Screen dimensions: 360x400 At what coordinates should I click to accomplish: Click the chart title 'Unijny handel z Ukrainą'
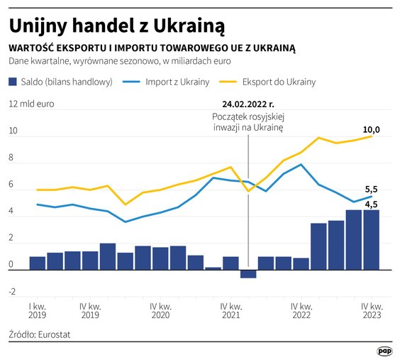117,26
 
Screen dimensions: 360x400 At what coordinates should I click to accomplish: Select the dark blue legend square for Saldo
13,82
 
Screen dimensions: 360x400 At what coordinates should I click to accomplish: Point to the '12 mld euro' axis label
31,104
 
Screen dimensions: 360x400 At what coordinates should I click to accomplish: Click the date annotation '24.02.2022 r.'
248,104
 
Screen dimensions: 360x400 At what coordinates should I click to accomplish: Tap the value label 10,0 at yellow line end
372,130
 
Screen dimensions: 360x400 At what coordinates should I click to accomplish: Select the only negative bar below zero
248,274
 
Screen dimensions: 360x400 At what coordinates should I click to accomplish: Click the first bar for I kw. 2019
38,263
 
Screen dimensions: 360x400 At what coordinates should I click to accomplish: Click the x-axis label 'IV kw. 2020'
160,310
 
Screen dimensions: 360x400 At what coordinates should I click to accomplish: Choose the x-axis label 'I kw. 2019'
38,310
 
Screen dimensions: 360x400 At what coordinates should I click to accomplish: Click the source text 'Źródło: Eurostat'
40,334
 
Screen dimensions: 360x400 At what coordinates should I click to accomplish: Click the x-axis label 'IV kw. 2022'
301,310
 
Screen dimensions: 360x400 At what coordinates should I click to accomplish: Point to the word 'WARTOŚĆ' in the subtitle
32,48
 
